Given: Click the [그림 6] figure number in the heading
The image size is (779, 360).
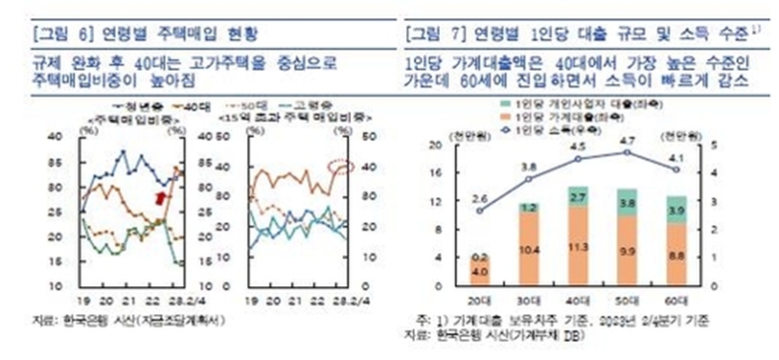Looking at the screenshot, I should point(56,34).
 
